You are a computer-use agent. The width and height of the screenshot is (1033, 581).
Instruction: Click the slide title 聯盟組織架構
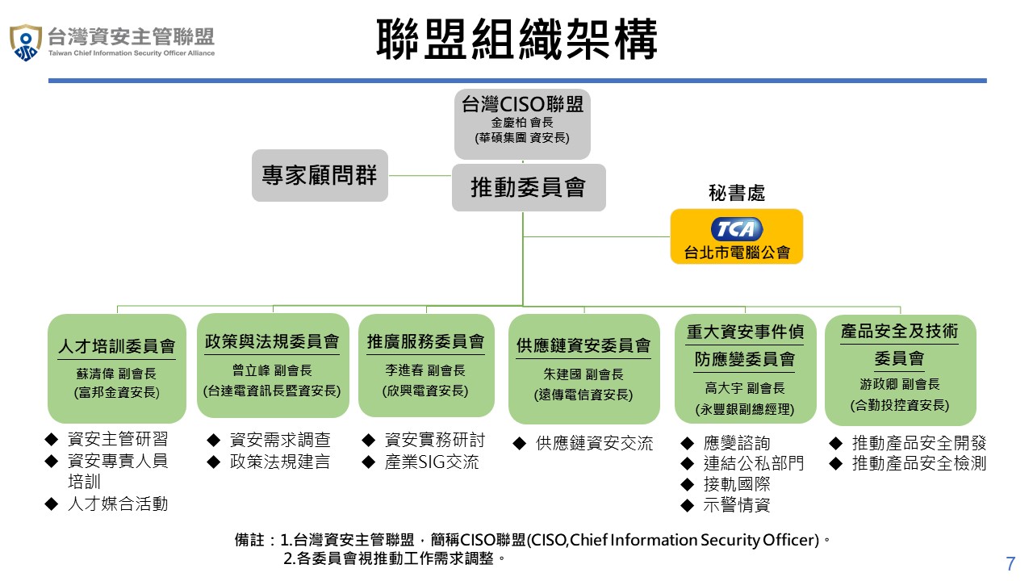[x=516, y=40]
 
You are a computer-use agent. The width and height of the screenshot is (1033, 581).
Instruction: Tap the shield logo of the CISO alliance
[x=26, y=42]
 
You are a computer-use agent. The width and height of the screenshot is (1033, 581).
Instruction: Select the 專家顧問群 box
[x=320, y=175]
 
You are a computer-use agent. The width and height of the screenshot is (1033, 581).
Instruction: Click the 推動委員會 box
[x=529, y=187]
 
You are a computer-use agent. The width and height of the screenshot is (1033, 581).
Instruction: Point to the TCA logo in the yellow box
[x=737, y=229]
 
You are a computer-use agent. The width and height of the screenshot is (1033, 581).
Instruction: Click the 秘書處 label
[x=737, y=193]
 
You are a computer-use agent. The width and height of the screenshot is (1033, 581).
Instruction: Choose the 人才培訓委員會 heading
[x=117, y=347]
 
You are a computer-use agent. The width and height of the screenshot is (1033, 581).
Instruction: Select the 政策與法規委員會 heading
[x=273, y=341]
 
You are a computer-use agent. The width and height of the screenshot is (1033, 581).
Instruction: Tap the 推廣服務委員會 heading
[x=426, y=341]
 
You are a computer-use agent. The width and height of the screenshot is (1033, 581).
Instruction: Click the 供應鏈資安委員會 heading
[x=584, y=345]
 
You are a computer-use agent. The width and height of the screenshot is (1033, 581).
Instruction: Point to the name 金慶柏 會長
[x=522, y=123]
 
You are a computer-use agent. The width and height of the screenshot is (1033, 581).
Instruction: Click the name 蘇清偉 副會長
[x=117, y=374]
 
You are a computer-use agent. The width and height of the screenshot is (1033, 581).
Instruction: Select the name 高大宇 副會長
[x=745, y=388]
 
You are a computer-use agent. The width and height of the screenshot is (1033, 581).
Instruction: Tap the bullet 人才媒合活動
[x=118, y=504]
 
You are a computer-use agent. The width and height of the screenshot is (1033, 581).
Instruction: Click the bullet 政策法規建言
[x=280, y=462]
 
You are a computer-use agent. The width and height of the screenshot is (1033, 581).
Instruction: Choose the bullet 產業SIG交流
[x=432, y=462]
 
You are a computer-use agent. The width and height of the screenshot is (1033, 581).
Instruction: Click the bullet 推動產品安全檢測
[x=919, y=463]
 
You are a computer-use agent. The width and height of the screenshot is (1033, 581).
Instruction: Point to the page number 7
[x=1010, y=563]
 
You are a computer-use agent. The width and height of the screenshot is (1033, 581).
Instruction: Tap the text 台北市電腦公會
[x=737, y=253]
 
